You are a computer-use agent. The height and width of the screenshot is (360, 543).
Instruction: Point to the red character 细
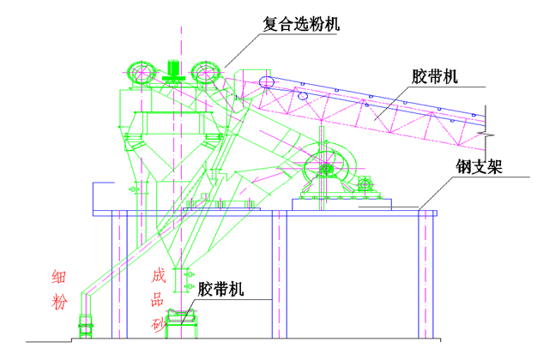(x=58, y=277)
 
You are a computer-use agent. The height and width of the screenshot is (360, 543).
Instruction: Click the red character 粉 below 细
(x=58, y=302)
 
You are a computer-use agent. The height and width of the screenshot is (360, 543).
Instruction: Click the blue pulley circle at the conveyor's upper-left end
(x=267, y=81)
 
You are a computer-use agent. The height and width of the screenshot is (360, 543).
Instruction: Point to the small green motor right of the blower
(x=367, y=183)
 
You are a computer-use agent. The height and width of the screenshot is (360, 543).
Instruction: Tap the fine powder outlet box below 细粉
(x=86, y=323)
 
